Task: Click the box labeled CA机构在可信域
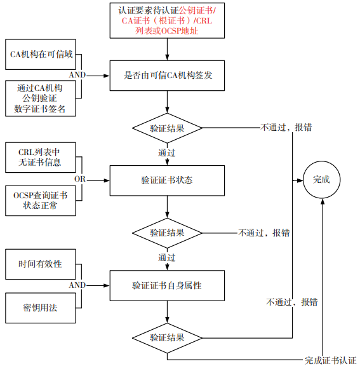[41, 55]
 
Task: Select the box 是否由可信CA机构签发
[167, 76]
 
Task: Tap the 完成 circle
[322, 180]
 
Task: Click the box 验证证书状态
[167, 180]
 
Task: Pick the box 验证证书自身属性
[167, 286]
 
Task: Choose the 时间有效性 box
[41, 264]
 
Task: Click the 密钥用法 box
[41, 308]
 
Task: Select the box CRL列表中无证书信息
[41, 158]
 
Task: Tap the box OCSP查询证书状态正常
[41, 201]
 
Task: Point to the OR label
[80, 179]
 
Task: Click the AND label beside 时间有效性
[77, 285]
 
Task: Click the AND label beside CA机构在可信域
[77, 75]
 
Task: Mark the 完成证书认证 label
[331, 360]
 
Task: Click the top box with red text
[167, 20]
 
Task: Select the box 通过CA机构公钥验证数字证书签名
[41, 98]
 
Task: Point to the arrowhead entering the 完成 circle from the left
[300, 180]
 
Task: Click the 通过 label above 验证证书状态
[167, 153]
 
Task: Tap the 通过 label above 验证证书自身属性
[167, 258]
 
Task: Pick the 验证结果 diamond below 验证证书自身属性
[167, 338]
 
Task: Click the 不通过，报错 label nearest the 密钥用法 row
[292, 302]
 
